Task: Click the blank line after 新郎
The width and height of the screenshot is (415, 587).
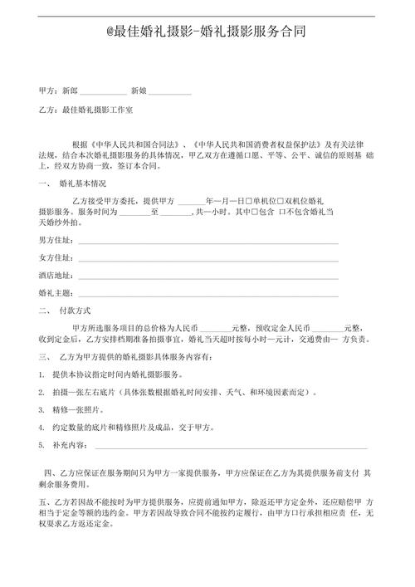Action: click(104, 88)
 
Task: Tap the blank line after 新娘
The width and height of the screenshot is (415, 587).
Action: click(170, 88)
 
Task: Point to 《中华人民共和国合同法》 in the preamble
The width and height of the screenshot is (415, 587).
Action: click(133, 143)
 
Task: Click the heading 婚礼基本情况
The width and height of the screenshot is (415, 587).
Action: click(84, 183)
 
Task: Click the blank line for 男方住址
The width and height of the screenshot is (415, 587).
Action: click(207, 242)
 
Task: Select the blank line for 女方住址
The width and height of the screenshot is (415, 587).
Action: click(207, 258)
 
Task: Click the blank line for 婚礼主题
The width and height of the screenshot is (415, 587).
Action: click(207, 295)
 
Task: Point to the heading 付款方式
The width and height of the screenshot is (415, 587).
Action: click(73, 312)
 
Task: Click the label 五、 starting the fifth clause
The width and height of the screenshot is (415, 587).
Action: click(45, 503)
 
